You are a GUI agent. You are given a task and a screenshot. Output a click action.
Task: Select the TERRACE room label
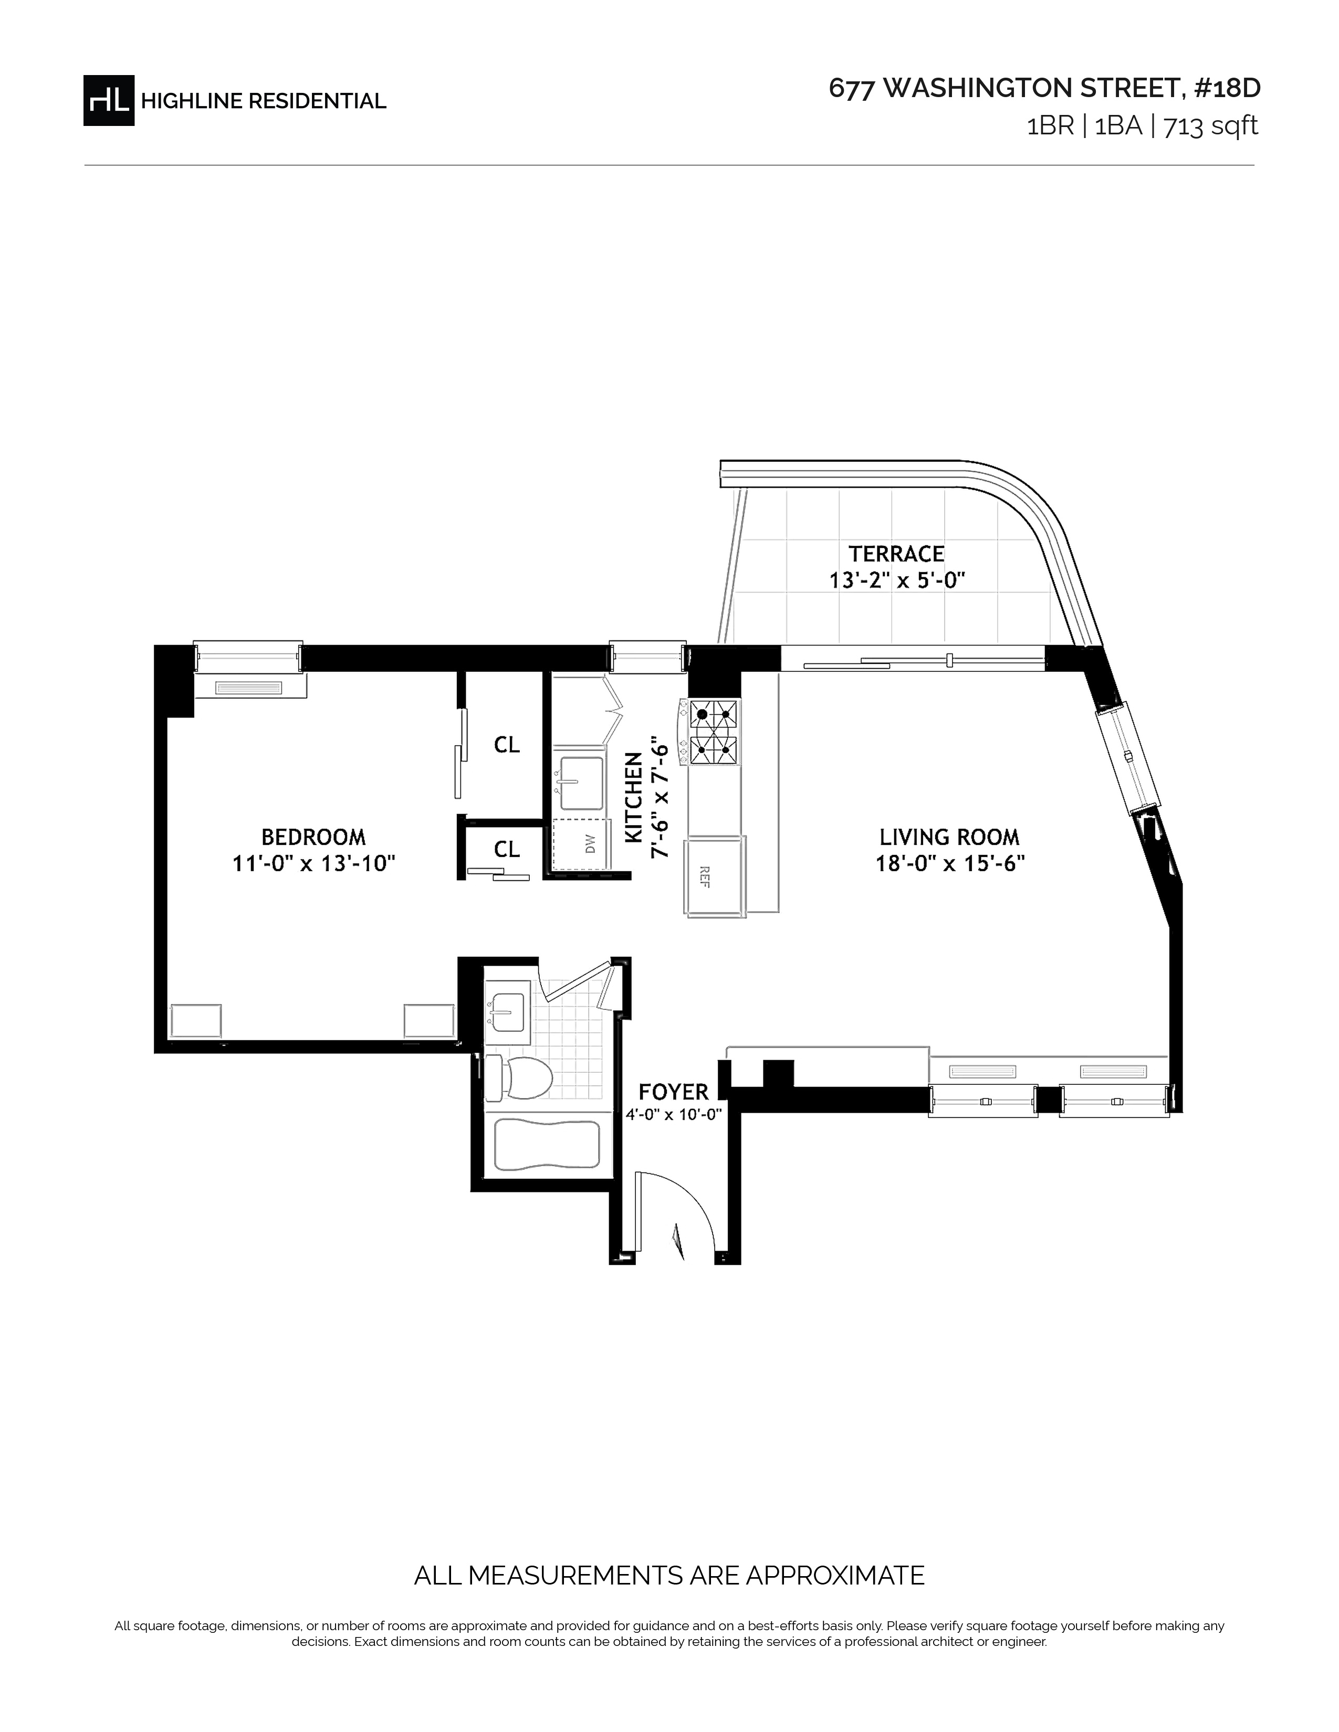896,554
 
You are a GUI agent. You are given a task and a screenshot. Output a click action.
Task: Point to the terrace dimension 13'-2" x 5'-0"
896,580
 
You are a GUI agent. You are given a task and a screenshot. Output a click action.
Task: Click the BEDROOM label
313,837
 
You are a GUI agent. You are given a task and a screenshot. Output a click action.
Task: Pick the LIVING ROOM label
949,837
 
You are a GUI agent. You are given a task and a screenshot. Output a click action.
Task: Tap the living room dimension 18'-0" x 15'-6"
949,863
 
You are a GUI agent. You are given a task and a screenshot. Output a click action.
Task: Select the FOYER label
674,1092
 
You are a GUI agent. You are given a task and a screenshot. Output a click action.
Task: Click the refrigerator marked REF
716,876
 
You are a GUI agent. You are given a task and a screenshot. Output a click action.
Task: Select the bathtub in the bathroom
547,1146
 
